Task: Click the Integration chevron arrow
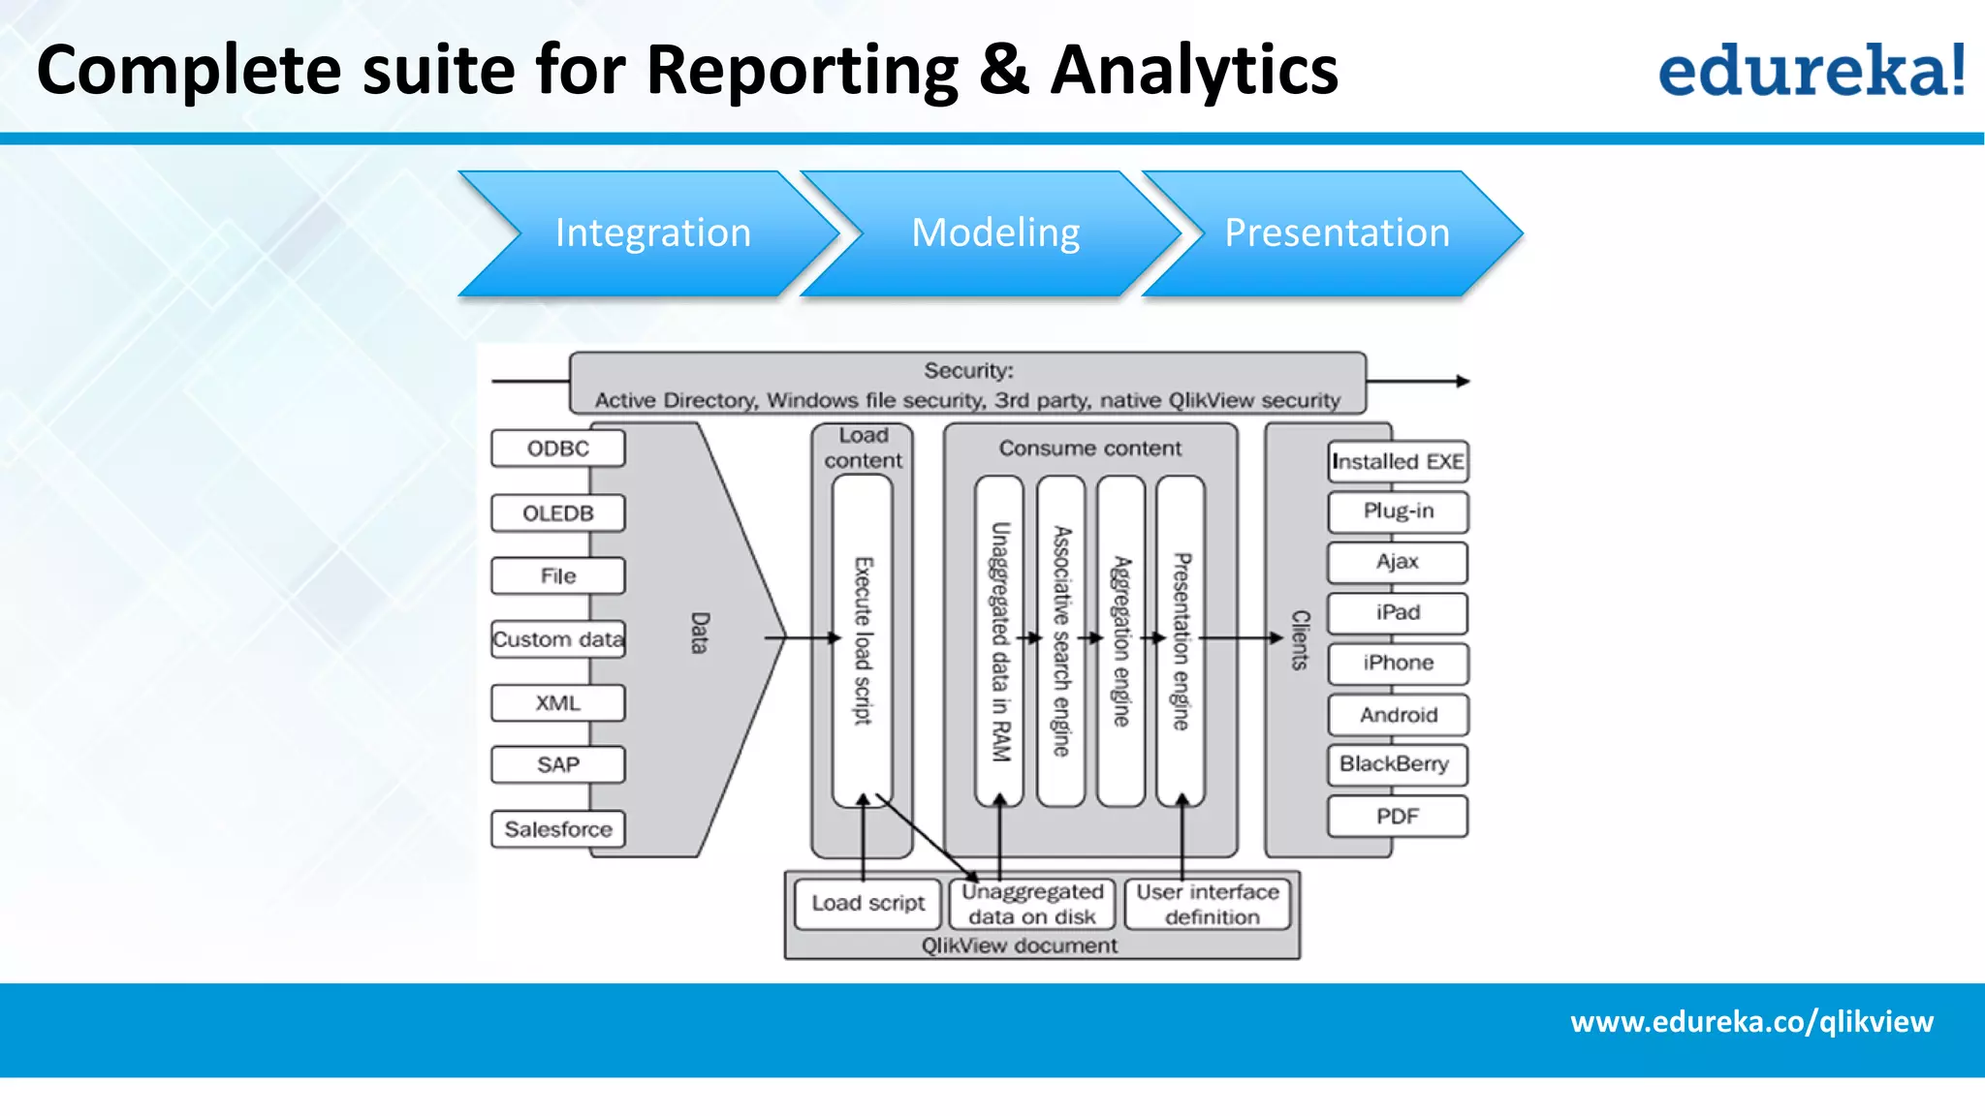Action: point(651,233)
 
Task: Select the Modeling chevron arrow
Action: point(994,233)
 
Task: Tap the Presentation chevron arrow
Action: point(1336,233)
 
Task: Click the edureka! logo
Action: point(1811,70)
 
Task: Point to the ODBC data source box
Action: point(557,449)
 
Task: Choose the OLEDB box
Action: point(557,512)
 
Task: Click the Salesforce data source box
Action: point(557,829)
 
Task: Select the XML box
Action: point(557,702)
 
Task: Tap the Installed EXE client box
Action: point(1397,461)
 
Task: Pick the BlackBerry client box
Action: point(1396,764)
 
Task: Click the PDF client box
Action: point(1397,816)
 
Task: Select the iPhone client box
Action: point(1397,663)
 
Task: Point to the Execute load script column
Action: point(863,640)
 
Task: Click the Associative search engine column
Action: point(1061,640)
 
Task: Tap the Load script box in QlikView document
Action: point(867,903)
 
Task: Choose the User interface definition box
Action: point(1208,904)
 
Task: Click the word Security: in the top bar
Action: point(967,370)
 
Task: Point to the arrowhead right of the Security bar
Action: point(1463,382)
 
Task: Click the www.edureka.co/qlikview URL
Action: point(1751,1021)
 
